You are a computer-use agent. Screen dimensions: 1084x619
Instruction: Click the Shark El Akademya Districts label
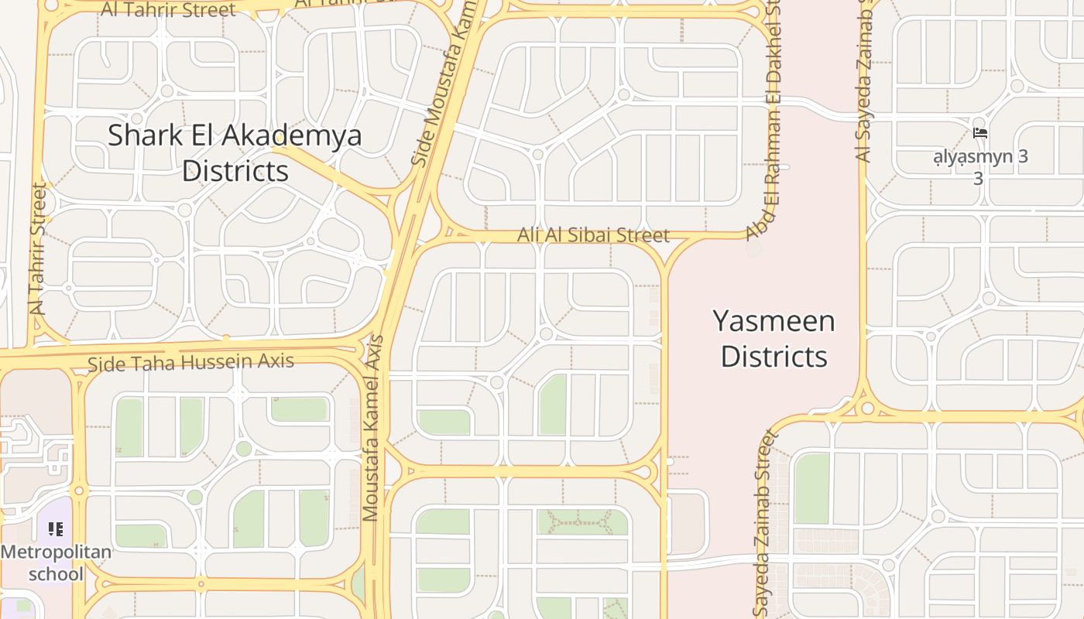click(x=235, y=152)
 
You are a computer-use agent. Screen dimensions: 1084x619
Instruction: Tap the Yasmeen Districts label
click(x=774, y=338)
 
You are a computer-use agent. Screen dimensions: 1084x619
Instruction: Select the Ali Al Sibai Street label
click(x=593, y=234)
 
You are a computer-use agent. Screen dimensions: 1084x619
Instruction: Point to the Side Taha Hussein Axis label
click(x=190, y=362)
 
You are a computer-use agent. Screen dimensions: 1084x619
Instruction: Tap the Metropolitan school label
click(x=56, y=563)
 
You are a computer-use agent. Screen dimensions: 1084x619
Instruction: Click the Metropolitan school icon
click(x=56, y=529)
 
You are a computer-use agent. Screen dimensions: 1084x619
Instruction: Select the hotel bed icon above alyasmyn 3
click(x=979, y=133)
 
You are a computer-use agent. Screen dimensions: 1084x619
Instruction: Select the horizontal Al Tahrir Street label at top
click(x=169, y=10)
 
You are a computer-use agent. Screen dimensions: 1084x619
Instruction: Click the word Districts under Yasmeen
click(x=774, y=356)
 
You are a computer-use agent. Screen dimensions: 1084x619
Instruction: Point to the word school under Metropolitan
click(x=56, y=573)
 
